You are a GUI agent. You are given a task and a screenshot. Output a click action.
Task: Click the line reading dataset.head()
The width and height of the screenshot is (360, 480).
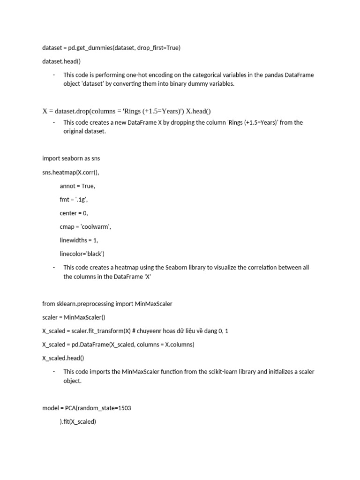tap(63, 61)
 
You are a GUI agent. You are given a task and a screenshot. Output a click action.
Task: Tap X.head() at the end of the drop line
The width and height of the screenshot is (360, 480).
tap(199, 111)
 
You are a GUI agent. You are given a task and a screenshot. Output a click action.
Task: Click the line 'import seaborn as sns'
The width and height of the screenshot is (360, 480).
tap(71, 158)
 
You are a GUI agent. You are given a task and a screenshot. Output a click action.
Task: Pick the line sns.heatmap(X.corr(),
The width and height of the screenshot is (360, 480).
tap(71, 172)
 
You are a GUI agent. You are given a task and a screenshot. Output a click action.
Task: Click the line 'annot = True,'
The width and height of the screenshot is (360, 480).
tap(77, 186)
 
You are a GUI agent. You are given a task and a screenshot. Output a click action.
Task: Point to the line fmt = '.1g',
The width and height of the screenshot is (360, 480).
tap(74, 199)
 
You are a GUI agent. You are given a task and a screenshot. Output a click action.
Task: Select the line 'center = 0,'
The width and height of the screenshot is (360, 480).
tap(74, 213)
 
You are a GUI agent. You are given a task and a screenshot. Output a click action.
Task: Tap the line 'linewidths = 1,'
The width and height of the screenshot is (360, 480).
tap(79, 240)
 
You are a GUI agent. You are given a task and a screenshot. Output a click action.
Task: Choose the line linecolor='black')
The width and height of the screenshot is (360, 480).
tap(82, 254)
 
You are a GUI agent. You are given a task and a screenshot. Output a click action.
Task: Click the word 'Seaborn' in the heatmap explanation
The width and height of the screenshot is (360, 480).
tap(177, 268)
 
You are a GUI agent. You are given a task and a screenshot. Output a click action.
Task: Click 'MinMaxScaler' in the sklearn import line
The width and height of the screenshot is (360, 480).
tap(153, 304)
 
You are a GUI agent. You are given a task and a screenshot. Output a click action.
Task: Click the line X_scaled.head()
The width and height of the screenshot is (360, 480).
tap(63, 358)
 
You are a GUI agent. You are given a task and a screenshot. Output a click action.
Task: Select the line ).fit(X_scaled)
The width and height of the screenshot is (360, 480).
tap(78, 421)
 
